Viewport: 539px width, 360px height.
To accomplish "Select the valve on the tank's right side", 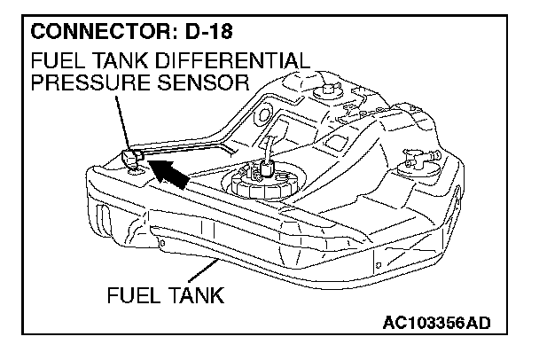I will tap(420, 159).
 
